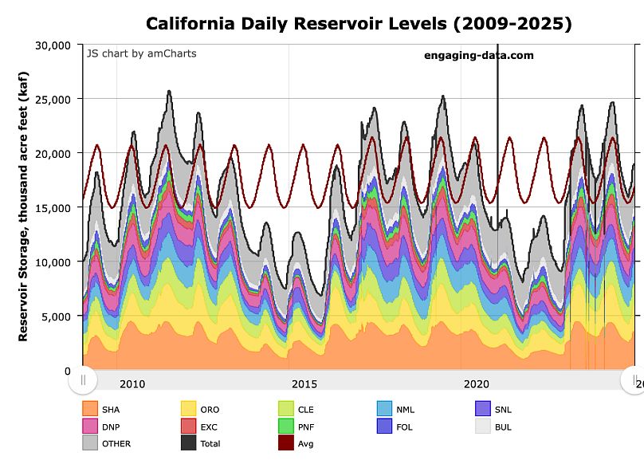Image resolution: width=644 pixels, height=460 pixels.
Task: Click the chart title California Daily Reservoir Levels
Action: [x=359, y=24]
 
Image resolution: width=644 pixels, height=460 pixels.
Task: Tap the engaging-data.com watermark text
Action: [x=478, y=56]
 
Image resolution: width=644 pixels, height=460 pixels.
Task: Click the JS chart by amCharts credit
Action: [x=141, y=53]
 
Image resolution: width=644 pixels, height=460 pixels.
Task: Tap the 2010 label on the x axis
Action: [x=132, y=383]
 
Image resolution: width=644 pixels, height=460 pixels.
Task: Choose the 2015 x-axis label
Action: [x=304, y=383]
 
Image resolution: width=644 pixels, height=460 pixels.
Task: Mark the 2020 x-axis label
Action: [x=477, y=383]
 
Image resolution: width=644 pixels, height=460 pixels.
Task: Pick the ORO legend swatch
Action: [x=188, y=409]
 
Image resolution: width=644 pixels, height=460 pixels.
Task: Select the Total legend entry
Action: [x=201, y=443]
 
